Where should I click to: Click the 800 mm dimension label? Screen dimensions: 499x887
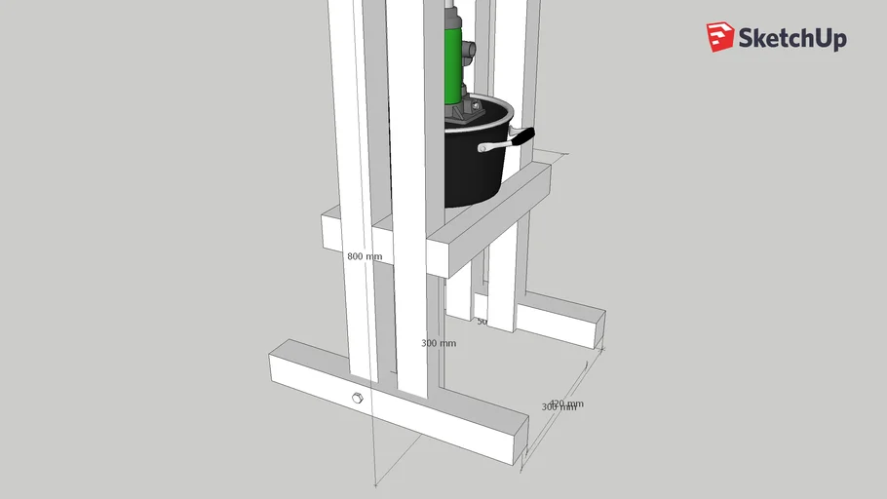(365, 257)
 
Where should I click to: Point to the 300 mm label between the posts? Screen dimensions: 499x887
(438, 343)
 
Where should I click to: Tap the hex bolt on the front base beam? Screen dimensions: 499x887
(356, 398)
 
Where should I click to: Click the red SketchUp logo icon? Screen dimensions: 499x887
(720, 37)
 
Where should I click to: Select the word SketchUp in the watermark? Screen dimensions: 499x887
(792, 39)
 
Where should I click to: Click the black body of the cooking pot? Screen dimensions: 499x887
(473, 171)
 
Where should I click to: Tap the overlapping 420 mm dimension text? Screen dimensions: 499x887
(566, 403)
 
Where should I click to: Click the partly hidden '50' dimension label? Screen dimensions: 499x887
(481, 321)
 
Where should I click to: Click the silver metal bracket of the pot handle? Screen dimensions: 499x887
(495, 146)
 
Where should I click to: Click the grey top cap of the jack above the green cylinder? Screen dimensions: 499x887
(453, 16)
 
